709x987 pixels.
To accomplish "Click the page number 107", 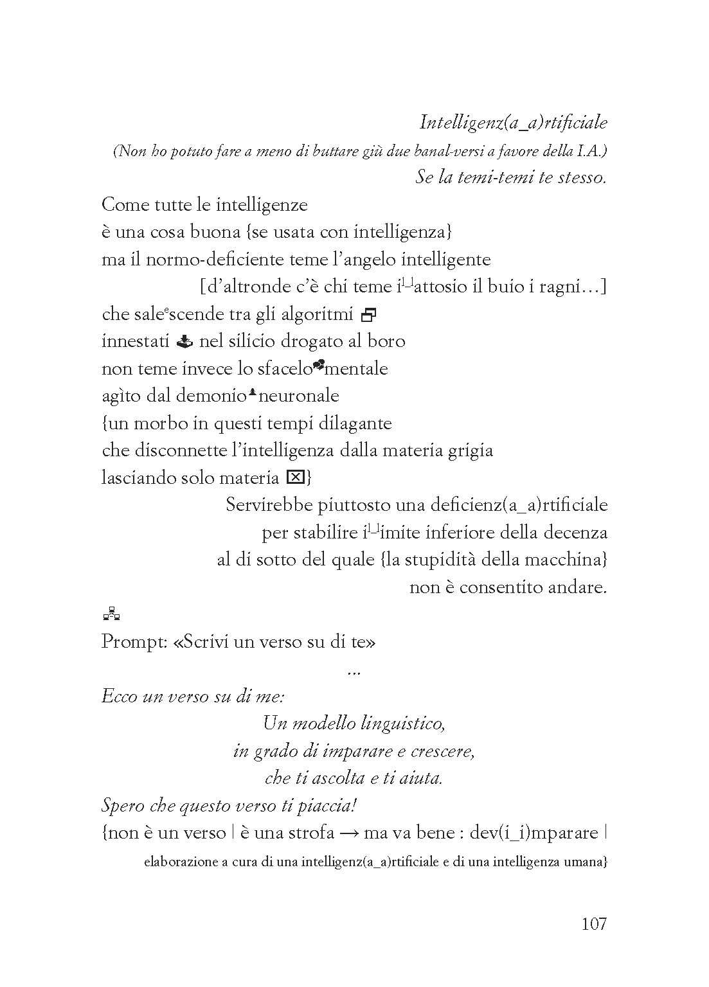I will [593, 924].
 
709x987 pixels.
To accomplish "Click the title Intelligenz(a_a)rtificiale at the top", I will [513, 121].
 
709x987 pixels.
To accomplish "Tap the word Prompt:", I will [134, 642].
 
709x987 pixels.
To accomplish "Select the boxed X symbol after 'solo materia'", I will [295, 477].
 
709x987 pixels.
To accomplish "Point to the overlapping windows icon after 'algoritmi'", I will [369, 314].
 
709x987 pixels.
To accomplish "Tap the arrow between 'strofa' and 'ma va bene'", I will [348, 833].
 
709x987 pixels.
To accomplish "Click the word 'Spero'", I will [123, 806].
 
